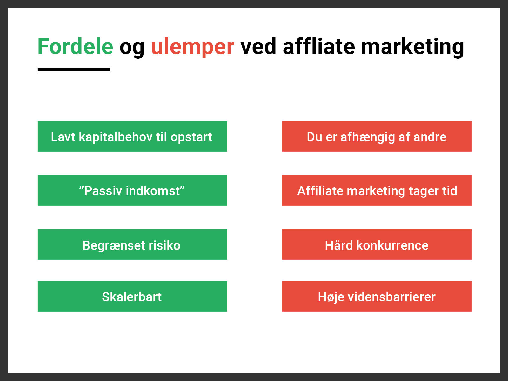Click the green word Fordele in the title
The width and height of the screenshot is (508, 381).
(76, 46)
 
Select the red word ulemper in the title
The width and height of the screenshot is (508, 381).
(192, 48)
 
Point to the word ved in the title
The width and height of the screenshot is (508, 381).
(258, 46)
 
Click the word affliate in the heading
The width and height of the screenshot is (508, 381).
(319, 46)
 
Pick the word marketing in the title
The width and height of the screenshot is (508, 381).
(413, 48)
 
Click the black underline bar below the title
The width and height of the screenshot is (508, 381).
(74, 70)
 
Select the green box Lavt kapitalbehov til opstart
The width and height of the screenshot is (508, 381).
(132, 136)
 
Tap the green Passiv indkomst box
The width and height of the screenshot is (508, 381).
(132, 190)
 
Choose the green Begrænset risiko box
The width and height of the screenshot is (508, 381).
(132, 244)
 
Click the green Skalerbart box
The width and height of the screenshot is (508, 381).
(132, 296)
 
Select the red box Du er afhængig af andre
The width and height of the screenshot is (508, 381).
(377, 136)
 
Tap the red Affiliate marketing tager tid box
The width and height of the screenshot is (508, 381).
(377, 190)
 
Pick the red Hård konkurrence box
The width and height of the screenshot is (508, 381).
(377, 244)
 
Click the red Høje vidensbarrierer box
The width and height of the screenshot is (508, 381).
(377, 296)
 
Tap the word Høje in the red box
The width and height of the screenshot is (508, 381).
(331, 297)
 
